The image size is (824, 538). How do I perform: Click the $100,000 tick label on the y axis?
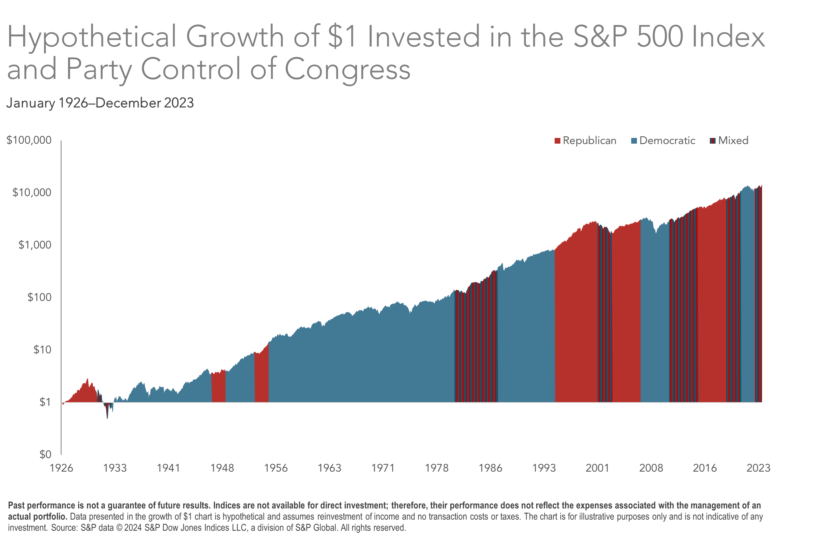click(x=29, y=140)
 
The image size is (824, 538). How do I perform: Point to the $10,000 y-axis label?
click(x=32, y=192)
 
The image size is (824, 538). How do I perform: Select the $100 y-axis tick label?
click(x=39, y=297)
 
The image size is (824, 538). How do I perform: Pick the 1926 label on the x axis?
click(x=61, y=468)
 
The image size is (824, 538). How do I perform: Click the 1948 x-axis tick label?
click(x=222, y=468)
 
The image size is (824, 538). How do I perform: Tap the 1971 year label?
click(x=383, y=468)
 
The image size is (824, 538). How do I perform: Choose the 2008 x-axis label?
click(x=651, y=468)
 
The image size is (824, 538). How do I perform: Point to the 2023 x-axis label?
click(x=758, y=468)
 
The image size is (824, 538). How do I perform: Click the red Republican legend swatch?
click(x=557, y=141)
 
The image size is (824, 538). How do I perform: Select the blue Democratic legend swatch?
click(x=634, y=141)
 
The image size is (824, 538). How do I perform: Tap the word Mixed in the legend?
click(x=733, y=141)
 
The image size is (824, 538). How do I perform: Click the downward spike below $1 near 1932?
click(x=107, y=416)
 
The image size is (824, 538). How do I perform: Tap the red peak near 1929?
click(x=87, y=380)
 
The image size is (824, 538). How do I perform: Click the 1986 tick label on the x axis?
click(x=490, y=468)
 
